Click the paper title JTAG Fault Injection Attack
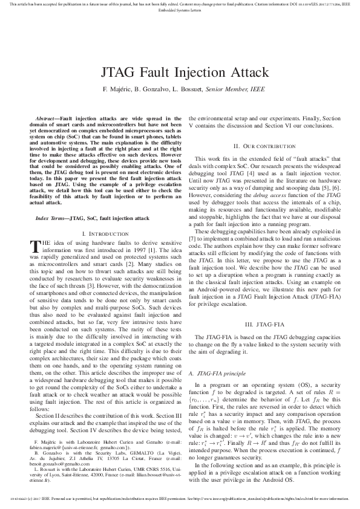[x=180, y=73]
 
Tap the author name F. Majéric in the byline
[x=117, y=89]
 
